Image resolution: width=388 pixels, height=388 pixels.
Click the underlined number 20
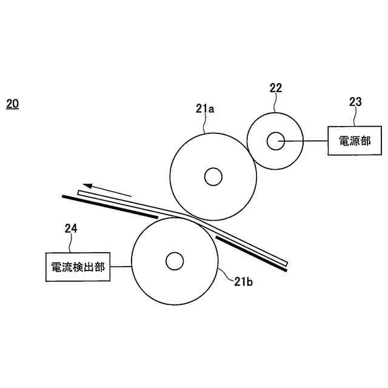(12, 104)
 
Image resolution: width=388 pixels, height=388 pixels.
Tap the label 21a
(206, 109)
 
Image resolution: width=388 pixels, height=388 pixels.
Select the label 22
(276, 88)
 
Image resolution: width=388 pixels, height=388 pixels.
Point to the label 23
(355, 102)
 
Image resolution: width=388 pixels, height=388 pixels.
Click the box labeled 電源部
(354, 141)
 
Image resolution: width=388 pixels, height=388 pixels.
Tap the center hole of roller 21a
(213, 176)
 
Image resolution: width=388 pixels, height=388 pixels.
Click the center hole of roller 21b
(174, 261)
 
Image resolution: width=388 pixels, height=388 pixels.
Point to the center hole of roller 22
(276, 141)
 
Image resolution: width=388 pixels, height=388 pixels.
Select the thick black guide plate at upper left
(109, 206)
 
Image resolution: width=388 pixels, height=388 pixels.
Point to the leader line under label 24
(71, 244)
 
